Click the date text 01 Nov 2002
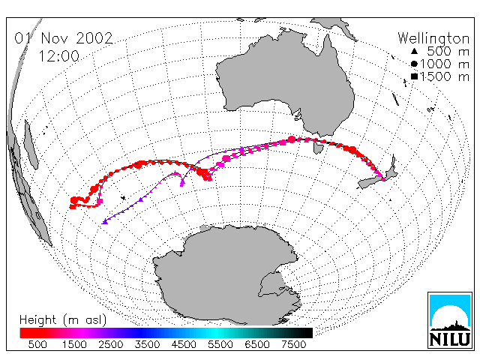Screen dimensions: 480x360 (x=64, y=38)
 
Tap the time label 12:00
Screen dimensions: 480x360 (x=59, y=56)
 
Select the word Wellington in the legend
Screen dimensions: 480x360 (x=433, y=39)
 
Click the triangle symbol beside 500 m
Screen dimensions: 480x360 (x=414, y=51)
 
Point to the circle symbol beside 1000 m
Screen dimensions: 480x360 (x=414, y=64)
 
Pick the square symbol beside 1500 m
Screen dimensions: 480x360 (x=414, y=76)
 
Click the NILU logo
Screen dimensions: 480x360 (x=450, y=320)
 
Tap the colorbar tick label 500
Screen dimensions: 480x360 (x=37, y=345)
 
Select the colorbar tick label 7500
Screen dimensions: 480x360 (x=293, y=345)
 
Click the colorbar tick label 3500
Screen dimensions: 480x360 (x=147, y=345)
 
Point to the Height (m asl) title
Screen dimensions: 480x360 (x=63, y=320)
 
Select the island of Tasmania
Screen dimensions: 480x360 (x=318, y=148)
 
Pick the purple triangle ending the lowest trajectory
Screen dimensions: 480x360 (x=105, y=222)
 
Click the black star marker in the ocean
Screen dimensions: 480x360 (x=123, y=198)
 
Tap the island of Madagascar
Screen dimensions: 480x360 (x=31, y=145)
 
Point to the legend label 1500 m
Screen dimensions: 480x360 (x=445, y=76)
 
